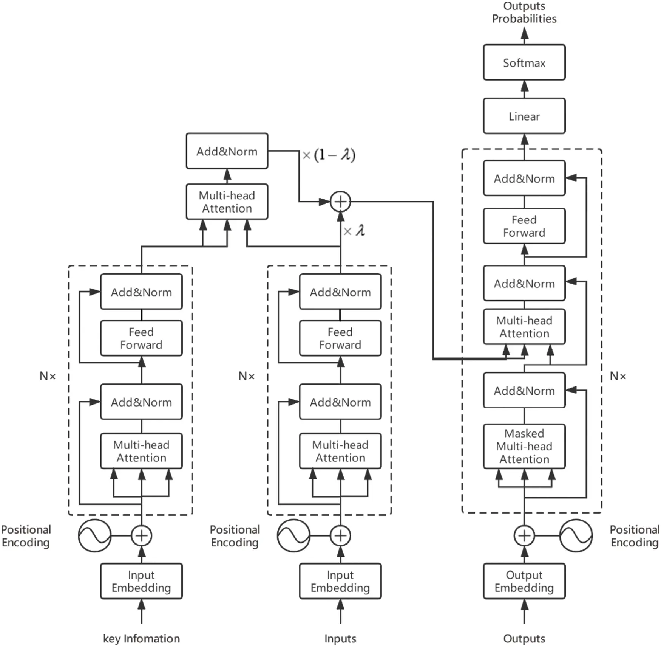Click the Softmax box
524,62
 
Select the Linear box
524,116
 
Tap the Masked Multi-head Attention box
524,446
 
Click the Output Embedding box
524,581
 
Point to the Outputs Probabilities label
524,12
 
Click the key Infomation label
141,638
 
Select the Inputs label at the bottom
340,638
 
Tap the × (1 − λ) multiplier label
329,155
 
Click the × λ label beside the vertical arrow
354,231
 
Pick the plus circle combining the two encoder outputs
340,202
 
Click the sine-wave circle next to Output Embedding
576,535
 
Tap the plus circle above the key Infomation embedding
141,535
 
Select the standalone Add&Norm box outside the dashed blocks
227,151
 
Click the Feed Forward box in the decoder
524,226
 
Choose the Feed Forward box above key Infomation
141,338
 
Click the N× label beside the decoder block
618,376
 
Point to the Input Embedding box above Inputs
340,581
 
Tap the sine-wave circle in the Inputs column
293,535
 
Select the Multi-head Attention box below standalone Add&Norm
227,202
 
